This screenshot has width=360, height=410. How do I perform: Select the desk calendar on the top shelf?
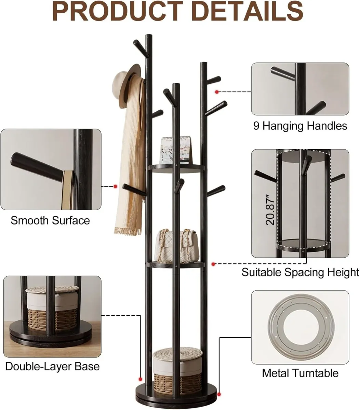pyautogui.click(x=175, y=150)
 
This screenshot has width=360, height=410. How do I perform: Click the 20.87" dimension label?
pyautogui.click(x=270, y=209)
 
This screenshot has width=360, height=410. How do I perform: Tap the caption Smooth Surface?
pyautogui.click(x=50, y=220)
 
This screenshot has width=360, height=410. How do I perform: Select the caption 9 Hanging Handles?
pyautogui.click(x=300, y=126)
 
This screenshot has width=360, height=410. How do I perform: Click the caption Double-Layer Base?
pyautogui.click(x=52, y=367)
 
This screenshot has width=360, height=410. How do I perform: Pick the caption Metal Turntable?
pyautogui.click(x=300, y=373)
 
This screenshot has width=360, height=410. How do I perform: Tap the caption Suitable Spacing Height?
pyautogui.click(x=300, y=272)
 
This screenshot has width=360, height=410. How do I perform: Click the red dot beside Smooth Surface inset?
pyautogui.click(x=116, y=186)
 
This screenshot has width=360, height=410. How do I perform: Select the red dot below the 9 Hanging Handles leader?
pyautogui.click(x=217, y=92)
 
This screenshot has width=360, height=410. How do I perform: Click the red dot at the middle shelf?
pyautogui.click(x=213, y=264)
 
